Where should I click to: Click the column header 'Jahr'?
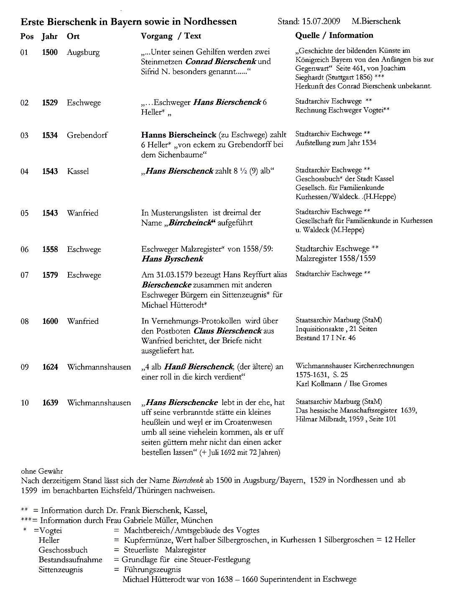pos(49,36)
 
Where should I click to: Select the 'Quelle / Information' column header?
pos(334,36)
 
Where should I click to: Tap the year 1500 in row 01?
pos(50,53)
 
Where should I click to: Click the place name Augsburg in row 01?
pos(83,53)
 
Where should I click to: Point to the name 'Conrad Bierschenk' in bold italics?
pos(220,62)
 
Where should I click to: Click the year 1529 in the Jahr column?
pos(50,103)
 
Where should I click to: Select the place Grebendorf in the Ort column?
pos(87,135)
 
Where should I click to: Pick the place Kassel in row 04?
pos(78,172)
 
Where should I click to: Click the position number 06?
pos(25,250)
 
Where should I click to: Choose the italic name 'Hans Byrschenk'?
pos(172,259)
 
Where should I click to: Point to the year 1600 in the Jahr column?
pos(50,321)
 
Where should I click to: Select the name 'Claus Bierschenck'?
pos(227,331)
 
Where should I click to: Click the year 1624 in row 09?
pos(50,367)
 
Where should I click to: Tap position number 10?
pos(25,403)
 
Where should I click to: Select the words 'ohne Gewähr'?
pos(42,471)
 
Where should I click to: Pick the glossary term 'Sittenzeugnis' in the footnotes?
pos(61,570)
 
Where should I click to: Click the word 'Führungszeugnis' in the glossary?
pos(153,570)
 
